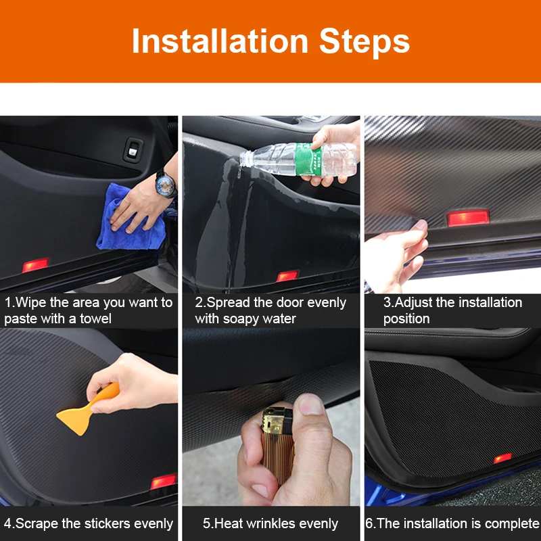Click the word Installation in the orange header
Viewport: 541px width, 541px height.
pyautogui.click(x=220, y=41)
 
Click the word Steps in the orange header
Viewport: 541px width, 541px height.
pyautogui.click(x=364, y=43)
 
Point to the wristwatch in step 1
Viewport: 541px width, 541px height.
pyautogui.click(x=166, y=183)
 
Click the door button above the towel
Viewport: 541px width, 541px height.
pyautogui.click(x=133, y=149)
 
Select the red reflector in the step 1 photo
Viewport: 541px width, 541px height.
pyautogui.click(x=36, y=265)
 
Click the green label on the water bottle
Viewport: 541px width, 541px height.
pyautogui.click(x=308, y=159)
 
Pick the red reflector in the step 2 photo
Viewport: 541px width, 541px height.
pyautogui.click(x=287, y=276)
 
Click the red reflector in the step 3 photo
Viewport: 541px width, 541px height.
pyautogui.click(x=468, y=218)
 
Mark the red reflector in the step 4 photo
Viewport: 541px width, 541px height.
pyautogui.click(x=164, y=481)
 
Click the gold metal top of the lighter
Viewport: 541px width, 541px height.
pyautogui.click(x=273, y=421)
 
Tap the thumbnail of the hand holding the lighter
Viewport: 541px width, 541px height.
pyautogui.click(x=312, y=405)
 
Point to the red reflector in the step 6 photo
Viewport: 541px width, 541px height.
pyautogui.click(x=502, y=458)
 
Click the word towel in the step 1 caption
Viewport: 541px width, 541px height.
pyautogui.click(x=95, y=318)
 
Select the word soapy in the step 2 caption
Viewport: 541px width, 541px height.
pyautogui.click(x=240, y=319)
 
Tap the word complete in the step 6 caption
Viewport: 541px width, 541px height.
pyautogui.click(x=513, y=523)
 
